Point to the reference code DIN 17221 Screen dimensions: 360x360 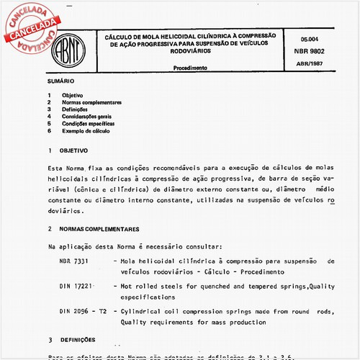pyautogui.click(x=76, y=286)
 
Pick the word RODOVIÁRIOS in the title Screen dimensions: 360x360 pyautogui.click(x=190, y=52)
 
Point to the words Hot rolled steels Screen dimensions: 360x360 pyautogui.click(x=154, y=286)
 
